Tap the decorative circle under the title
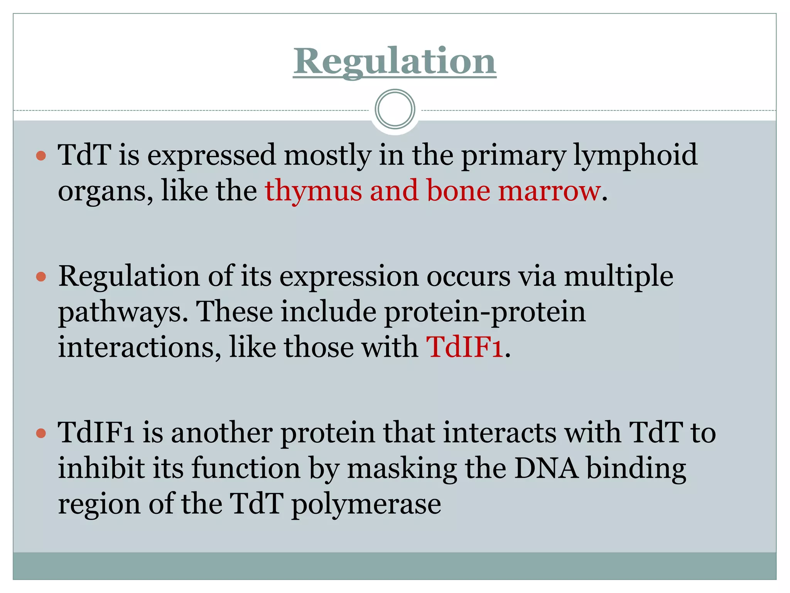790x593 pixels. pos(395,109)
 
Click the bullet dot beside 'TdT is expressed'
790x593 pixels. pos(41,156)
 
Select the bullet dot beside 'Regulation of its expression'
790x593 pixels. pos(41,277)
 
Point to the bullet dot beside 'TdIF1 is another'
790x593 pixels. pos(41,433)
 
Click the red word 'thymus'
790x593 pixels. pos(313,191)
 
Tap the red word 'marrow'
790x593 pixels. pos(549,191)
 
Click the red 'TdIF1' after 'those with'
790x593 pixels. pos(464,347)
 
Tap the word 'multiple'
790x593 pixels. pos(618,277)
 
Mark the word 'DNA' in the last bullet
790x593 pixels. pos(547,468)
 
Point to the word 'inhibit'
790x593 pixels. pos(101,468)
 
